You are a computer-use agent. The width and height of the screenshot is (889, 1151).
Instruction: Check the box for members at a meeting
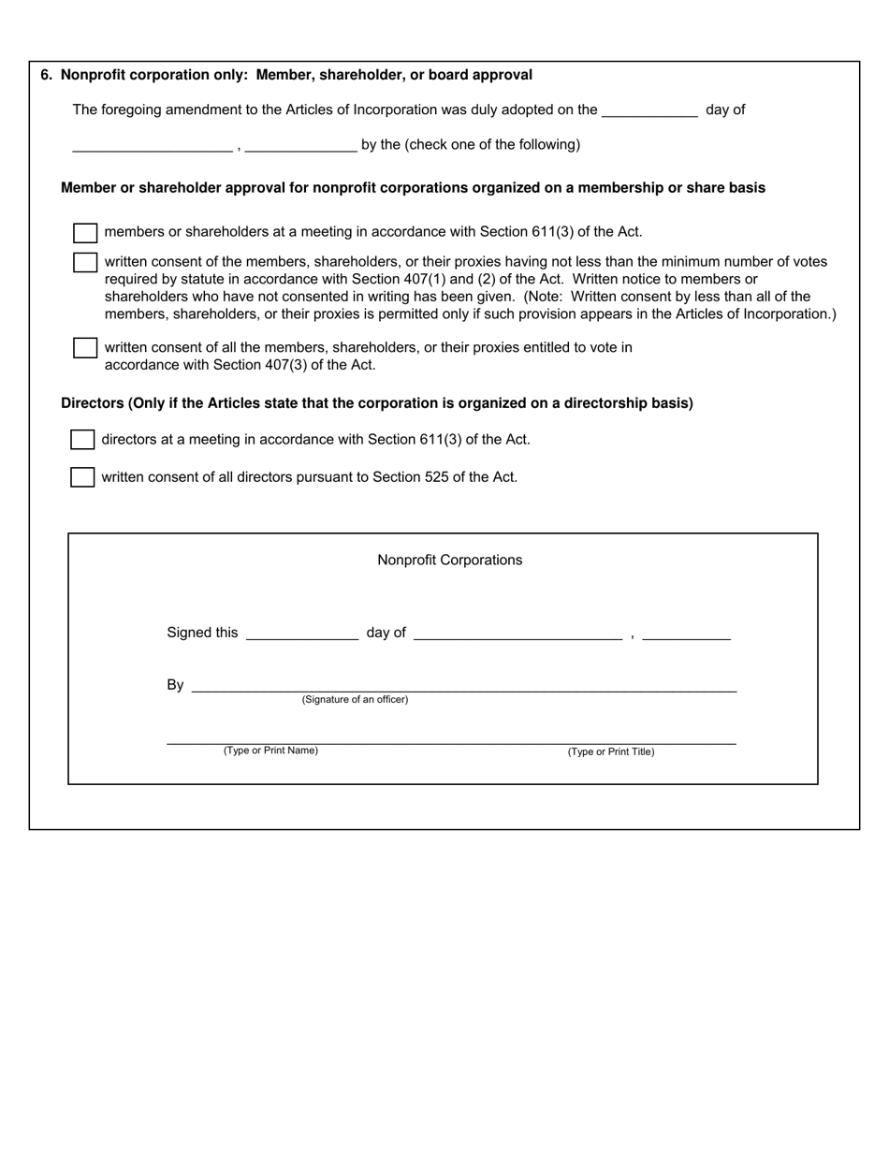85,233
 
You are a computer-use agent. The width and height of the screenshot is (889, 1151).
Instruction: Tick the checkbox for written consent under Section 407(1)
85,263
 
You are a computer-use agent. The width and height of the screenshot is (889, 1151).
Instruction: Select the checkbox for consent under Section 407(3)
85,348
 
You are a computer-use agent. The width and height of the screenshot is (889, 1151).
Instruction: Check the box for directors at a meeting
82,440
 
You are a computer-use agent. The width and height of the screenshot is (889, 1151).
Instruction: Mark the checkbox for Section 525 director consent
82,477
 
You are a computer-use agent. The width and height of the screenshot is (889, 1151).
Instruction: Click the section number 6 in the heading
46,75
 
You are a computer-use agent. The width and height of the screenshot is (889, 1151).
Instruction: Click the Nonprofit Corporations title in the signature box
450,561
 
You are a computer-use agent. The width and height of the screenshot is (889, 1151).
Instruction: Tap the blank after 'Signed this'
301,634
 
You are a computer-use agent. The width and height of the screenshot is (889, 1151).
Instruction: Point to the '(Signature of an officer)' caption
355,700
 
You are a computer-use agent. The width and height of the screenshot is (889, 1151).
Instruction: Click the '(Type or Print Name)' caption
270,750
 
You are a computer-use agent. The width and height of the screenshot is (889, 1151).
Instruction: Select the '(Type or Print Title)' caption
611,751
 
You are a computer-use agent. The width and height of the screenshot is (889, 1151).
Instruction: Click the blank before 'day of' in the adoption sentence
649,110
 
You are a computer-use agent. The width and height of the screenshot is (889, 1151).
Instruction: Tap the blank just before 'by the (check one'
299,145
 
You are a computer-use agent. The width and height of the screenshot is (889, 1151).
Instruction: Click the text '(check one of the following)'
492,145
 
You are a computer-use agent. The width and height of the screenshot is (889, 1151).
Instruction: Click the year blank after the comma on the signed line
687,634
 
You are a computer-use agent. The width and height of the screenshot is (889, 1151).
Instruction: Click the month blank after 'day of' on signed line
517,634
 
